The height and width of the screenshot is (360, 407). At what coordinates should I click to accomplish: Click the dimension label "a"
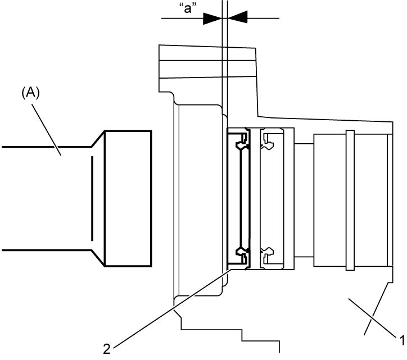coord(188,8)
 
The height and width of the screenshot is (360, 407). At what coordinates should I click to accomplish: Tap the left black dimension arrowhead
coord(212,19)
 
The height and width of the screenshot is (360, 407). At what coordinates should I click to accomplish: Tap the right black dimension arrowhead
coord(237,17)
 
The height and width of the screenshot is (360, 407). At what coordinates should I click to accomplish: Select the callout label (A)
coord(30,93)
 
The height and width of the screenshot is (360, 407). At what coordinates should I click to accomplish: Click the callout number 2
coord(107,349)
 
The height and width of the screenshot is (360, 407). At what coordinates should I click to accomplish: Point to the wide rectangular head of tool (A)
coord(128,199)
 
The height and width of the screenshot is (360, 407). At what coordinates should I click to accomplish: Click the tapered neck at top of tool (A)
coord(98,139)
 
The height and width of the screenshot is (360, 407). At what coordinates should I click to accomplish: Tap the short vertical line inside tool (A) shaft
coord(92,198)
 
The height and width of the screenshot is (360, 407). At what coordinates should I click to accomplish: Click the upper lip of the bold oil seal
coord(243,143)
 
